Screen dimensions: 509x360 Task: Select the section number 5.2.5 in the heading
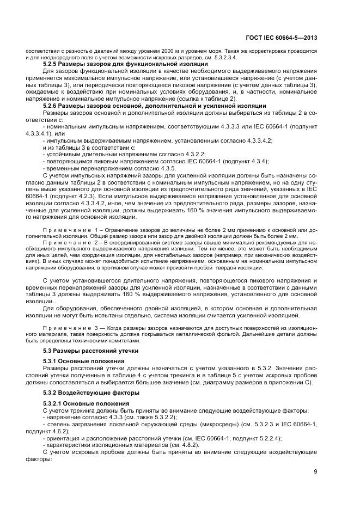click(51, 64)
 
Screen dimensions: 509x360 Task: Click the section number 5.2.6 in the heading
click(51, 106)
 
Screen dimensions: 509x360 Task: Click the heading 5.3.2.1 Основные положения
click(84, 403)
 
